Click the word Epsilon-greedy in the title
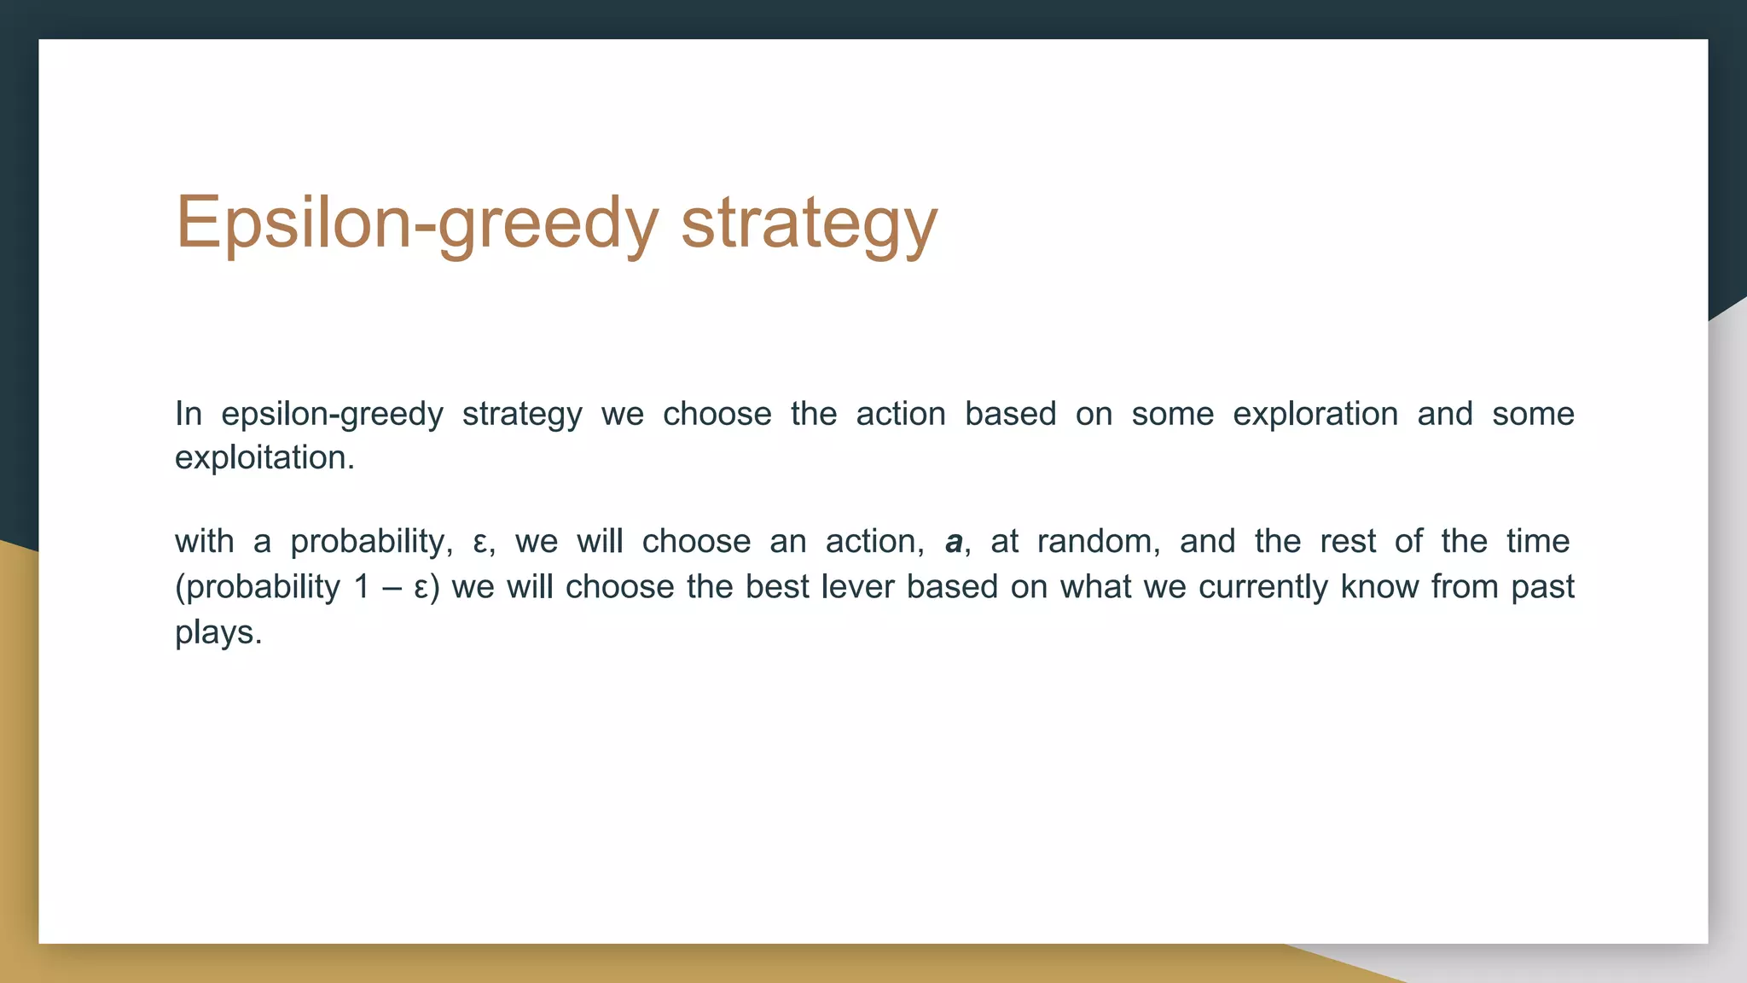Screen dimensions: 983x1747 [416, 224]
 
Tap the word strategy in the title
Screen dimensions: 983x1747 [809, 224]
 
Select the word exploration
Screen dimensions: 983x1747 [1315, 415]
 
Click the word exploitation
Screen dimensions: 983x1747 [264, 458]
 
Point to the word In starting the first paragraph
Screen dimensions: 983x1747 [189, 415]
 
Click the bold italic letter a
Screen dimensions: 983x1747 [954, 542]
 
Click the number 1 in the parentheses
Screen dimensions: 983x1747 [362, 587]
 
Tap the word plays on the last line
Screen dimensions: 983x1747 [218, 633]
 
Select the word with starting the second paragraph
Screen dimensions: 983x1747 [204, 542]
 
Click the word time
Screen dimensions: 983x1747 [1537, 542]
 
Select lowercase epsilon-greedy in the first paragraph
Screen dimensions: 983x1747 [332, 415]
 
